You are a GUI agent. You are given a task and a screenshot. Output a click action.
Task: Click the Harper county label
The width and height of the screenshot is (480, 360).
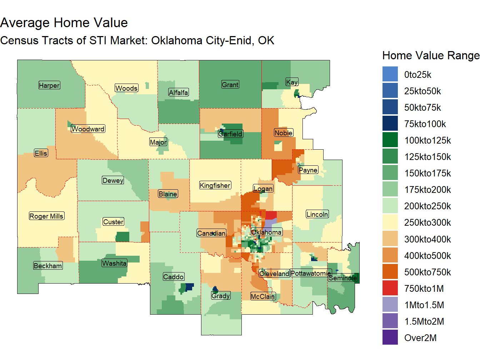tap(49, 85)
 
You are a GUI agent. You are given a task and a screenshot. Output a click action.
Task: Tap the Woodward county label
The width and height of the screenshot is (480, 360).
tap(88, 129)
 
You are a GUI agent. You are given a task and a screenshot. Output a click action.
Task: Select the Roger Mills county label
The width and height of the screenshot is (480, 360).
tap(46, 216)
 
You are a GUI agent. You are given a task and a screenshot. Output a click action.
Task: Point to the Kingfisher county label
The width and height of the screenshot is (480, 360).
tap(215, 185)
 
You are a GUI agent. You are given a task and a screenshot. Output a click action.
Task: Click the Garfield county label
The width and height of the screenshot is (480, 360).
tap(230, 134)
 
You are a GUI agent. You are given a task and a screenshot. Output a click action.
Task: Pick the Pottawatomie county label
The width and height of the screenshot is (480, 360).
tap(311, 274)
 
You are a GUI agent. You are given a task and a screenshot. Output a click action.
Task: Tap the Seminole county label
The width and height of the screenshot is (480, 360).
tap(343, 278)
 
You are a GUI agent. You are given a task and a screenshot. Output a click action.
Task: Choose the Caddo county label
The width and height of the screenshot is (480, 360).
tap(173, 277)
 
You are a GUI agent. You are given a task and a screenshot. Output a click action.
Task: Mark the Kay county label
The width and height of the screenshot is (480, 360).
tap(292, 82)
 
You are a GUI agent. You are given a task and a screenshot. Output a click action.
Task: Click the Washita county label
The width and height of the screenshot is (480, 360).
tap(114, 263)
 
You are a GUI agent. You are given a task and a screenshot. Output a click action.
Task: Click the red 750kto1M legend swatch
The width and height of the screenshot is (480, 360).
tap(390, 289)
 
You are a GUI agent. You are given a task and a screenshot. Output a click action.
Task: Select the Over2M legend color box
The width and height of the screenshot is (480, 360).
tap(390, 338)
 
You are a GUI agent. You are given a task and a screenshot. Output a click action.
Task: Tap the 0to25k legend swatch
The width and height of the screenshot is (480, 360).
tap(390, 75)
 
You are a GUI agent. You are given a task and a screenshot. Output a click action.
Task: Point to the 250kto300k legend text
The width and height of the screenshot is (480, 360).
tap(427, 223)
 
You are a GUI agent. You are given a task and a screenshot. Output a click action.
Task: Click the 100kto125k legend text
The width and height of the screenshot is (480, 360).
tap(427, 141)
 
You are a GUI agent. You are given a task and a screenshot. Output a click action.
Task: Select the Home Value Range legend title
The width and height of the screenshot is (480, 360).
tap(431, 56)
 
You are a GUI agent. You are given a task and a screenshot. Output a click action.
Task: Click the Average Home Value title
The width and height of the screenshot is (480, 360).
tap(64, 23)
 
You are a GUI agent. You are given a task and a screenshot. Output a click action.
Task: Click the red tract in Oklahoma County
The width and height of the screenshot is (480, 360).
tap(271, 215)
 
